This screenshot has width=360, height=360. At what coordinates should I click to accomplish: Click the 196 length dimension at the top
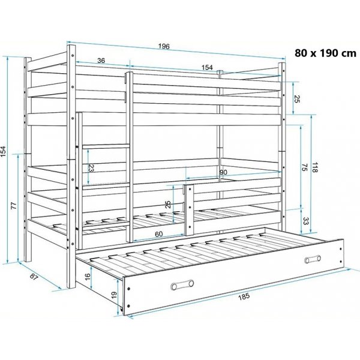[164, 46]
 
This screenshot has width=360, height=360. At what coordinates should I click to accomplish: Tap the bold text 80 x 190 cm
[325, 53]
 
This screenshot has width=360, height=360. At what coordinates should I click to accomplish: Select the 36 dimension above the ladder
[101, 61]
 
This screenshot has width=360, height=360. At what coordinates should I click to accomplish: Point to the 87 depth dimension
[34, 277]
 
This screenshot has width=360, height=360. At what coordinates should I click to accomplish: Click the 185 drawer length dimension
[244, 296]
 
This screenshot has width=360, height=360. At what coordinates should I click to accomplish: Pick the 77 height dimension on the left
[14, 205]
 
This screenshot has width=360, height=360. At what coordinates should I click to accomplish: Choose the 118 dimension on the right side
[314, 167]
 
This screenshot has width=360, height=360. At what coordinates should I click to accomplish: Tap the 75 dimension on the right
[304, 167]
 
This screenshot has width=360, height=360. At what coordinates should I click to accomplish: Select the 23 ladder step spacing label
[91, 169]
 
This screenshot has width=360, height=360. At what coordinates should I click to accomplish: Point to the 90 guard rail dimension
[223, 172]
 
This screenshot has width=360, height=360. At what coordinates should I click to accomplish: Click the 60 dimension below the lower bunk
[158, 234]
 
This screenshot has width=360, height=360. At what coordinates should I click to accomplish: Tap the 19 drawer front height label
[114, 295]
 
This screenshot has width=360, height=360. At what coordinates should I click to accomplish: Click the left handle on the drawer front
[182, 284]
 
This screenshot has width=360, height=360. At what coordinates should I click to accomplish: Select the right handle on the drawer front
[313, 259]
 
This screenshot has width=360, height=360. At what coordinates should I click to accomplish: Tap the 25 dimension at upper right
[296, 98]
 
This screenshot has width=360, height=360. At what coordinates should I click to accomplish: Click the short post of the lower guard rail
[190, 209]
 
